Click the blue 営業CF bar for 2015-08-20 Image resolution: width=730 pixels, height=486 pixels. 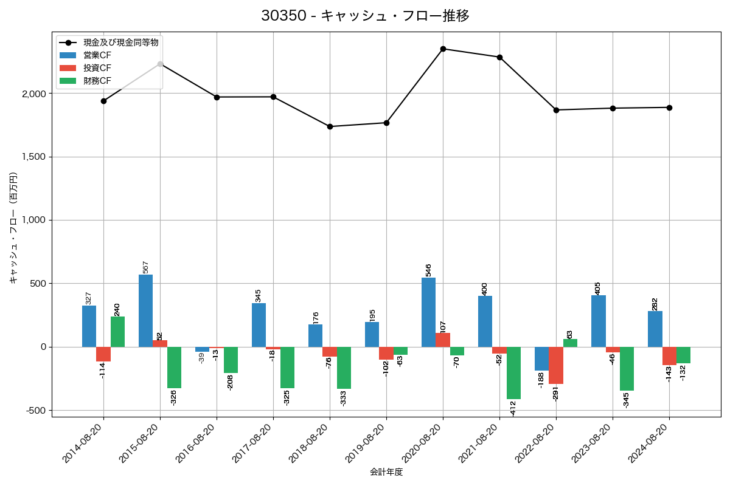[145, 310]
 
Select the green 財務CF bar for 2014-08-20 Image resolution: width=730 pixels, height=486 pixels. [117, 332]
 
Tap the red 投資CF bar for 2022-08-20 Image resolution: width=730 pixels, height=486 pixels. [556, 365]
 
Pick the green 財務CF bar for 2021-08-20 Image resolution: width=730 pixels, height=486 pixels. [513, 372]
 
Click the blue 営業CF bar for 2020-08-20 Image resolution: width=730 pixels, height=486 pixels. [428, 312]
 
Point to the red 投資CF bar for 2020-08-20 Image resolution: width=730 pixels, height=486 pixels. [443, 340]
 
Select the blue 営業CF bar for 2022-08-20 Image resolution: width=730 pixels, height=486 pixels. [541, 358]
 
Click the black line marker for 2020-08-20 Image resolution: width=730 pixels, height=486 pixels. [443, 49]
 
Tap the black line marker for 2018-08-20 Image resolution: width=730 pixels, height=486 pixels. [330, 126]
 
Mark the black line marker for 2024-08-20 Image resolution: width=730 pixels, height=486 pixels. [669, 108]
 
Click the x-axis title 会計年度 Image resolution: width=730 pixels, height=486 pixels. [386, 472]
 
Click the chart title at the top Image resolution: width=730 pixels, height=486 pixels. [365, 16]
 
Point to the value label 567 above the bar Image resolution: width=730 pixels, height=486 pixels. [145, 267]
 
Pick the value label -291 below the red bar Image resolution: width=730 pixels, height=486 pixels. [556, 393]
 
